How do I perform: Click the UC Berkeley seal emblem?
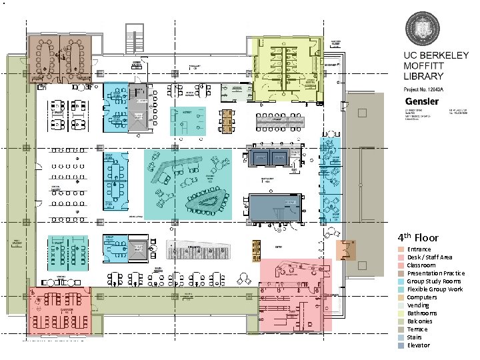pos(424,29)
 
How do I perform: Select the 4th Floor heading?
pos(418,237)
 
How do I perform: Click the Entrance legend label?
pos(419,249)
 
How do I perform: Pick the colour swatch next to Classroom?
pos(401,265)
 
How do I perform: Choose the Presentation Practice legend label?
pos(435,273)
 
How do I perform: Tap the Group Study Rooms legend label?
pos(433,281)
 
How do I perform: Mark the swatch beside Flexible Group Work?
pos(401,289)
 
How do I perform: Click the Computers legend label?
pos(422,297)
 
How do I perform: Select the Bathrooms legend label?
pos(422,313)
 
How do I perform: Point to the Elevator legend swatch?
pos(401,345)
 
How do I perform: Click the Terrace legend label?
pos(418,329)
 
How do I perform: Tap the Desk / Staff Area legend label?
pos(429,257)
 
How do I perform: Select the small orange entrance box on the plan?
pos(347,251)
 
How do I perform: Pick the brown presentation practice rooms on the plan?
pos(59,59)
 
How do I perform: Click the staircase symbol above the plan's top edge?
pos(136,33)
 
